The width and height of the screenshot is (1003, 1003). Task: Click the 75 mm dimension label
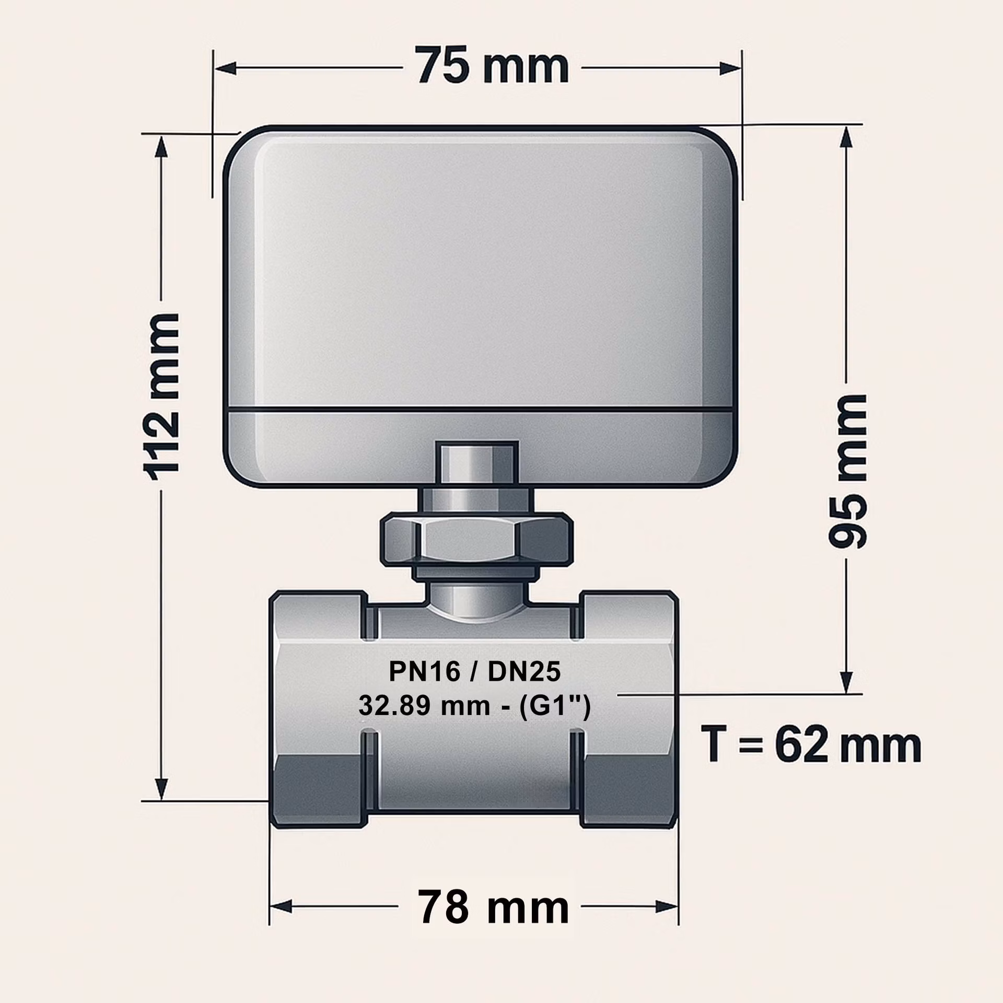(493, 66)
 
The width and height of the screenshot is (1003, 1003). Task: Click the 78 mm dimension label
(493, 907)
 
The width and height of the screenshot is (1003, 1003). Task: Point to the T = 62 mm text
(811, 745)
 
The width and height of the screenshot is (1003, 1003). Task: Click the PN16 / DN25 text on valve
(474, 672)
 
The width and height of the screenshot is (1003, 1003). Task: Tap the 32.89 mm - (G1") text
(474, 707)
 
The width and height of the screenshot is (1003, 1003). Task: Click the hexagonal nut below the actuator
(474, 539)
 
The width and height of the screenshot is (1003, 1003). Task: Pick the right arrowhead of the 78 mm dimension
(667, 907)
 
